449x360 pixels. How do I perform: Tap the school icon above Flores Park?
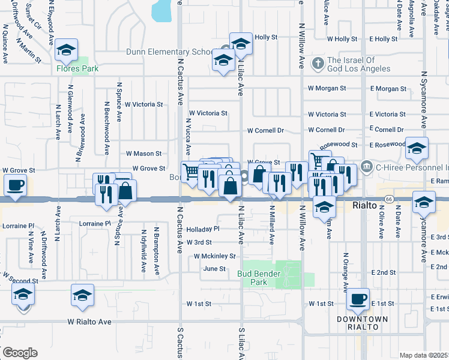[x=67, y=52]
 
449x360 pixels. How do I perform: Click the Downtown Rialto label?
[x=362, y=323]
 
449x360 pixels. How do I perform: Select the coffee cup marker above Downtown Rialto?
[x=359, y=299]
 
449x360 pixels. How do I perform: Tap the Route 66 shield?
[x=390, y=199]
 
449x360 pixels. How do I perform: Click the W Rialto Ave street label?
[x=89, y=322]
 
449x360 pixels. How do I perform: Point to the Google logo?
[x=20, y=353]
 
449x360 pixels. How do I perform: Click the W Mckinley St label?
[x=214, y=256]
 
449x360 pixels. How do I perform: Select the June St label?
[x=214, y=269]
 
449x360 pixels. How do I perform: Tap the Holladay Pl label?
[x=203, y=229]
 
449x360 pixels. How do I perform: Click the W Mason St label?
[x=142, y=154]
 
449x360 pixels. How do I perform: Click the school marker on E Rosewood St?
[x=416, y=148]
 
